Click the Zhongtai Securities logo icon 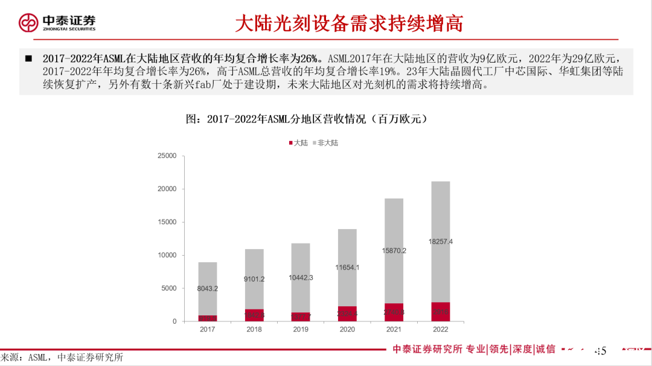(x=28, y=24)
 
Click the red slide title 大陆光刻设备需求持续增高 (x=349, y=24)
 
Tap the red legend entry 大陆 (x=297, y=143)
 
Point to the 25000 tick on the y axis (x=167, y=156)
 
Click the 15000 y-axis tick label (x=167, y=222)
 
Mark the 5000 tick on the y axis (x=168, y=288)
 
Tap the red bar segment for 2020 (x=347, y=314)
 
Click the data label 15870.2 (x=394, y=250)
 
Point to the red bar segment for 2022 (x=440, y=312)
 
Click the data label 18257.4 (x=440, y=241)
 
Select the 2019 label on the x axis (x=301, y=329)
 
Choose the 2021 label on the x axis (x=394, y=329)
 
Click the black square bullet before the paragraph (x=28, y=59)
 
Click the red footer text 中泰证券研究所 (x=427, y=349)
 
